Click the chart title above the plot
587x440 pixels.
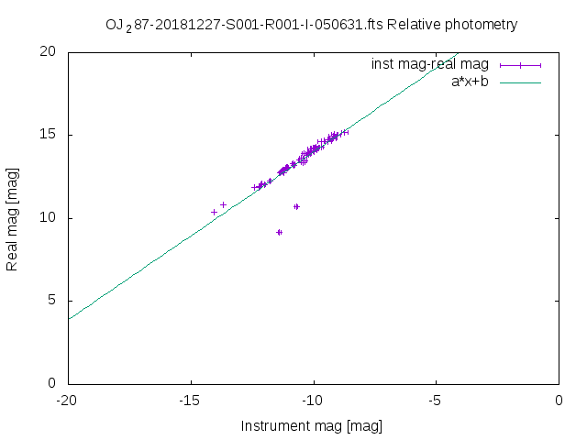click(311, 25)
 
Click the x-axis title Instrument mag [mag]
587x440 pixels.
click(311, 426)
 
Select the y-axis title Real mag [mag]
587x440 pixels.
click(13, 217)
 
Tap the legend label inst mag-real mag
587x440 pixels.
click(430, 64)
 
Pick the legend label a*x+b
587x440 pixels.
click(470, 82)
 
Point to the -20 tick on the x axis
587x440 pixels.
click(67, 401)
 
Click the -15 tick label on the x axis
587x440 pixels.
click(191, 401)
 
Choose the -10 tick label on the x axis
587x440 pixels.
click(314, 401)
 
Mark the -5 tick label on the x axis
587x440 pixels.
click(437, 401)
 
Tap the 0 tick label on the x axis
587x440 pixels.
click(559, 401)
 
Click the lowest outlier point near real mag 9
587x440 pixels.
click(279, 232)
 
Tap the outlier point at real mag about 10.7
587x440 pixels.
click(296, 206)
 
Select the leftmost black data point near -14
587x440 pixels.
click(215, 212)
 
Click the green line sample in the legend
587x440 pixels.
click(521, 82)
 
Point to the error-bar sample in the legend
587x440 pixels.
click(521, 65)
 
